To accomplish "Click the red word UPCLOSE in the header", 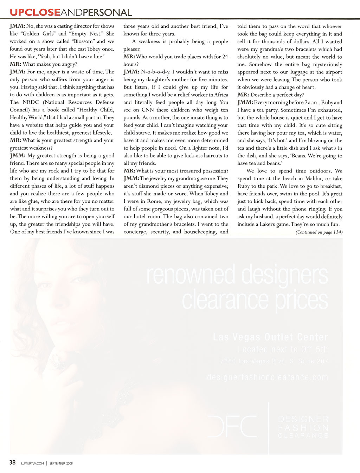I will click(35, 12).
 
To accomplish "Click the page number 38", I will click(13, 462).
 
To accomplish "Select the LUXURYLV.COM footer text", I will click(33, 463).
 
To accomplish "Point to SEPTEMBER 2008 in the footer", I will click(61, 463).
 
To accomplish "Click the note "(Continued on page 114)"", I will click(319, 232).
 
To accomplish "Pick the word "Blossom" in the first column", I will click(83, 41).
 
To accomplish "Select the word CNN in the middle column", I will click(148, 110).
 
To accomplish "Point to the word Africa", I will click(221, 95).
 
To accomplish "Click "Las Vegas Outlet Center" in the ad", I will click(270, 337).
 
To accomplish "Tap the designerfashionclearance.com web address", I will click(267, 377).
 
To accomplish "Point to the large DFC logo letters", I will click(232, 426).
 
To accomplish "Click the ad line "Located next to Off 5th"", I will click(283, 349).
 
